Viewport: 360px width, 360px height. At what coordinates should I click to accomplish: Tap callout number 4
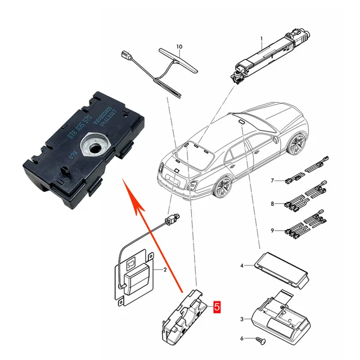coord(242,265)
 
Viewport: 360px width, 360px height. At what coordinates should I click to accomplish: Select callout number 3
coord(242,319)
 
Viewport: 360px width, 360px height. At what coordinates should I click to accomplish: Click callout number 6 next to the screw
coord(242,339)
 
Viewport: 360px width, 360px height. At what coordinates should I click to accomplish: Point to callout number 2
coord(165,270)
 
